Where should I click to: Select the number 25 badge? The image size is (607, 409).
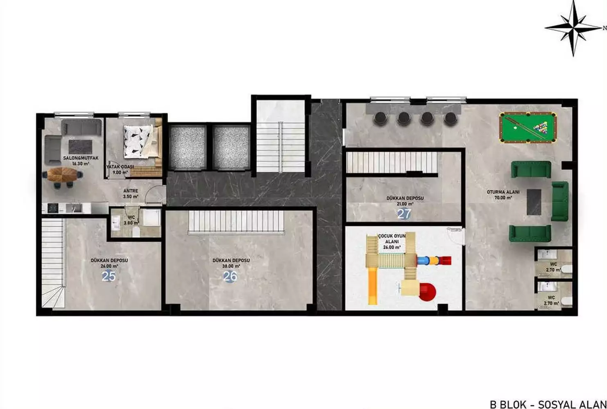pos(109,277)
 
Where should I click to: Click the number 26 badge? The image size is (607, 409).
pos(230,277)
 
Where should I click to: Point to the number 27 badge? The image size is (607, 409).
pos(404,214)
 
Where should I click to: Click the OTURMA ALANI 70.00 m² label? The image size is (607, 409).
pos(503,195)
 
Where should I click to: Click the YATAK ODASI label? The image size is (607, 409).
pos(120,169)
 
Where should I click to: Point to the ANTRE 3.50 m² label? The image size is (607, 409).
pos(131,193)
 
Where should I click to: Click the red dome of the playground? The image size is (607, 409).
pos(427,291)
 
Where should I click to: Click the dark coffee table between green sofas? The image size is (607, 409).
pos(534,201)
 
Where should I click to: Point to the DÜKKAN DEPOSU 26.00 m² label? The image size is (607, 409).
pos(109,263)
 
